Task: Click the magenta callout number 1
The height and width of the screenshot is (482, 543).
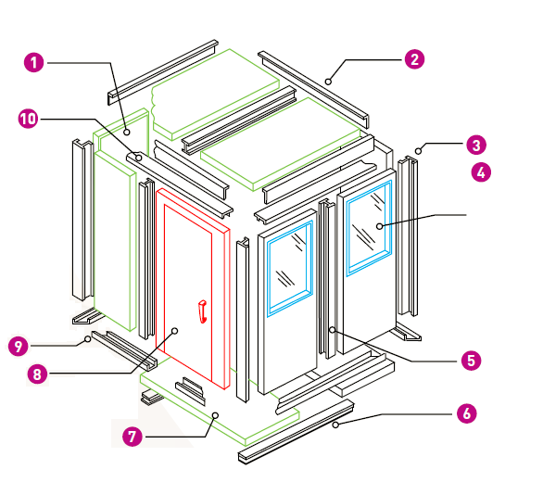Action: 34,63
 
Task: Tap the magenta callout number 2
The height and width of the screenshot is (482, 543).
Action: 414,59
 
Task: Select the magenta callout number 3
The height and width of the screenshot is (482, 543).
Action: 476,145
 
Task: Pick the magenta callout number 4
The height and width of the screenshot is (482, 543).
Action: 481,171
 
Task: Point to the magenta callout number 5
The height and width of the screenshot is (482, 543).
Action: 471,360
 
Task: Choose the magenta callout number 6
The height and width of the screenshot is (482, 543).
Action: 466,413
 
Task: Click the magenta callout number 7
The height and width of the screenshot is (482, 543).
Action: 133,437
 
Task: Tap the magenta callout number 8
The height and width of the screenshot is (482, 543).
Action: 37,374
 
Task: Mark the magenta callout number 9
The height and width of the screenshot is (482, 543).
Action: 19,346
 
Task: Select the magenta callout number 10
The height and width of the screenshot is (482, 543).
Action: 28,119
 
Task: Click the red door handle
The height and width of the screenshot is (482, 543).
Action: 203,311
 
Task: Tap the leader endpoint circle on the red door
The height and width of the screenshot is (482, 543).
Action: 175,331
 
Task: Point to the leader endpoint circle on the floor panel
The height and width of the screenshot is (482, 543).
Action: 215,415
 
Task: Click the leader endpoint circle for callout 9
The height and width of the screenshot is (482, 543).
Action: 88,339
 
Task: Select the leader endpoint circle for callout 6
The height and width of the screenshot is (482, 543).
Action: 335,425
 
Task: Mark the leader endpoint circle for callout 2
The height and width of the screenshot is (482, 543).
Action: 328,82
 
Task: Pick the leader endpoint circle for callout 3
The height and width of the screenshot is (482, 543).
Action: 418,151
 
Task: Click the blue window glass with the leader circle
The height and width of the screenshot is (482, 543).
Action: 369,228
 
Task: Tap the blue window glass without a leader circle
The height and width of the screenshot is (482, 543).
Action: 290,269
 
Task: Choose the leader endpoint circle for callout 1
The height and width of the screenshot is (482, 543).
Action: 127,132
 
